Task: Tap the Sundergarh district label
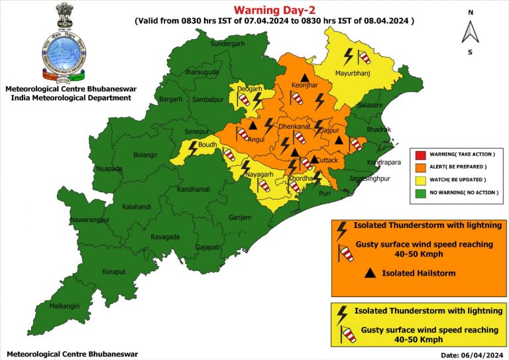click(227, 44)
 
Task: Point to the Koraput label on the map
click(114, 272)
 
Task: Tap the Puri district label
click(325, 194)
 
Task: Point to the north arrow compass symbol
click(470, 31)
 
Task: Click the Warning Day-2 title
click(273, 9)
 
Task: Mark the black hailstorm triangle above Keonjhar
click(304, 78)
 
